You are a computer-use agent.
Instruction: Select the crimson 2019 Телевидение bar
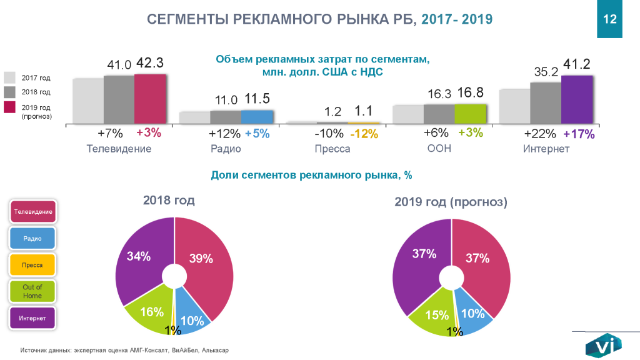coord(150,99)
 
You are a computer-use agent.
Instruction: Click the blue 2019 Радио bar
coord(257,117)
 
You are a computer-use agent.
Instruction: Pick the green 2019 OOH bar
coord(469,114)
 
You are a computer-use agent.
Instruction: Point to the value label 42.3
coord(150,63)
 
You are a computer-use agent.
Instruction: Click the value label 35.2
coord(545,72)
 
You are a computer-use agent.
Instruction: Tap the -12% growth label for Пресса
coord(364,133)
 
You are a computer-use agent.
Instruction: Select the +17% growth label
coord(579,134)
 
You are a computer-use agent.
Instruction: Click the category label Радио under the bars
coord(226,149)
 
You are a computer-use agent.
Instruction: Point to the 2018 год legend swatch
coord(10,92)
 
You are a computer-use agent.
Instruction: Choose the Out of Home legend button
coord(32,291)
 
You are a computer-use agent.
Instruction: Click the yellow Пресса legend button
coord(32,265)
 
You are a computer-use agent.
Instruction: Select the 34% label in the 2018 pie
coord(139,256)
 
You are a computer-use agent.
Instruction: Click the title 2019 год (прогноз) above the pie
coord(451,202)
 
